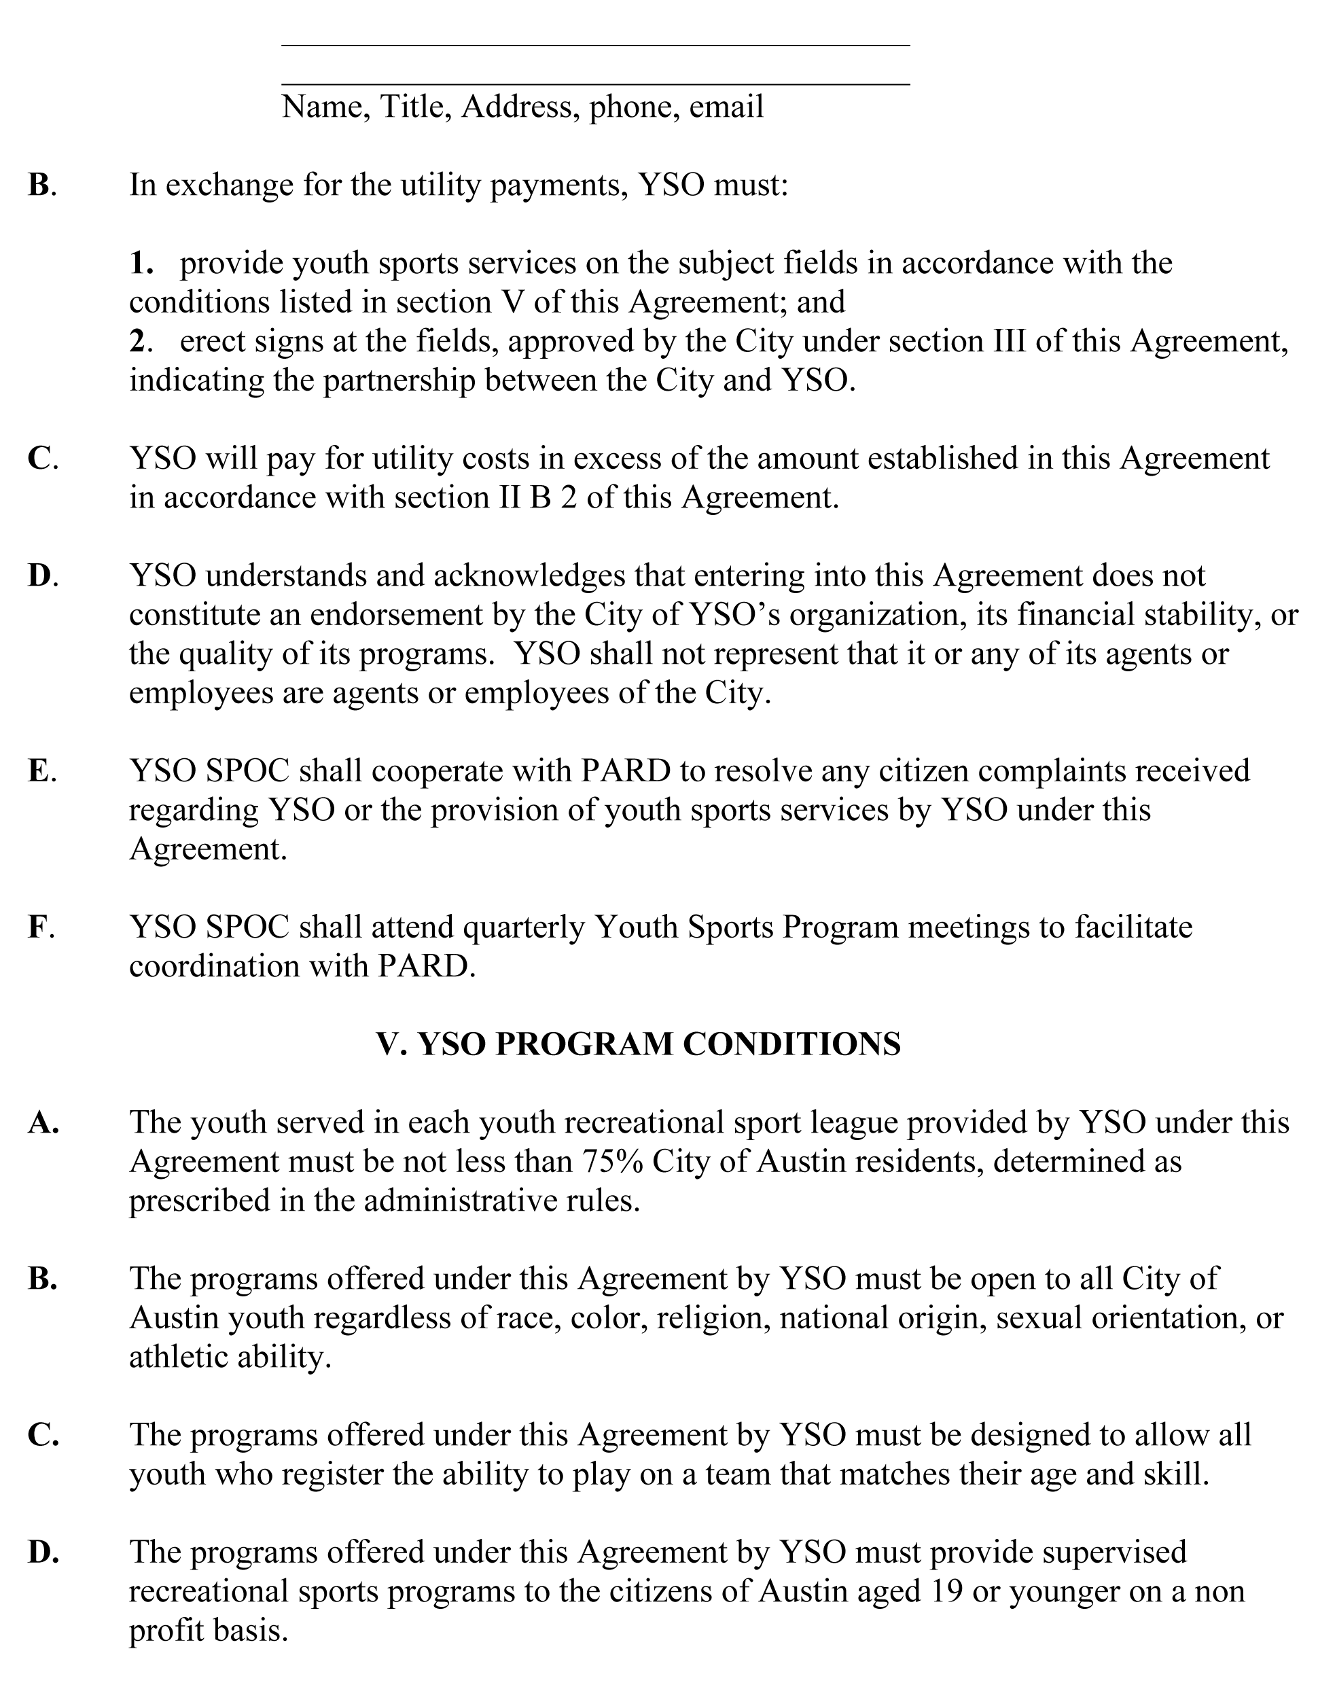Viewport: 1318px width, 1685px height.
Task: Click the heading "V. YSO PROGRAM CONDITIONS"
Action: [638, 1044]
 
